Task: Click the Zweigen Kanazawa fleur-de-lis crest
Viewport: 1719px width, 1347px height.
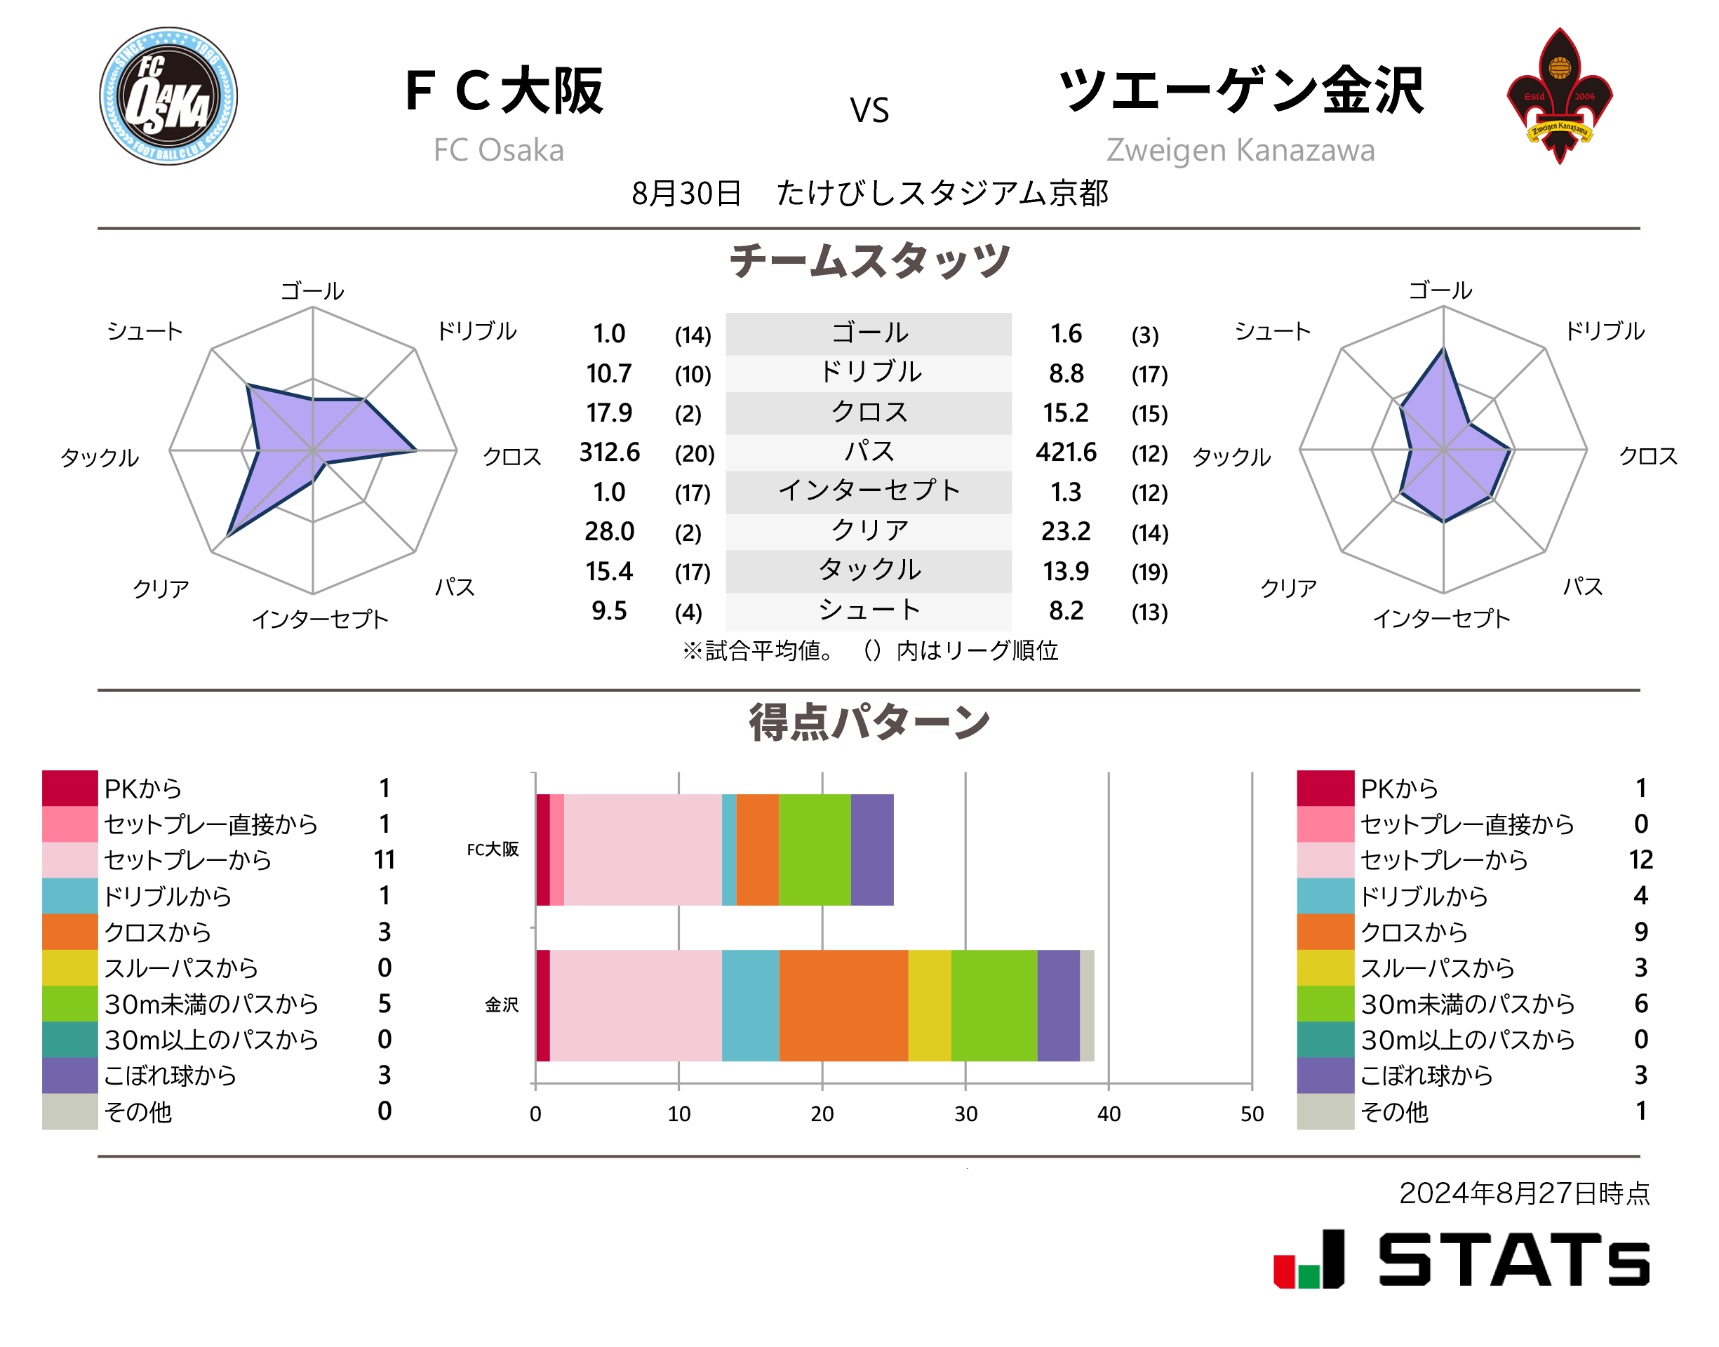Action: click(1558, 96)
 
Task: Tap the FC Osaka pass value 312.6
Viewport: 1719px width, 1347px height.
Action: click(609, 452)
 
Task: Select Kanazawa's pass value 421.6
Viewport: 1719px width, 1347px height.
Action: click(1065, 452)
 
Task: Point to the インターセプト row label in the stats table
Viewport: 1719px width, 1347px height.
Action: click(869, 490)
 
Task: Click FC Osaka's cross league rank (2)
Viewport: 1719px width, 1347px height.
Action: click(688, 413)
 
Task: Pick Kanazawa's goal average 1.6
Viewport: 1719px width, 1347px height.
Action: click(1065, 334)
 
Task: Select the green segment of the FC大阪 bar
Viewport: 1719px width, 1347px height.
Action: click(815, 850)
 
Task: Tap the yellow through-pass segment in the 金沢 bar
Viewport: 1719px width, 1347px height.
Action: click(929, 1005)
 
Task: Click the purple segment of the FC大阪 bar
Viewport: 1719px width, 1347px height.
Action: click(871, 850)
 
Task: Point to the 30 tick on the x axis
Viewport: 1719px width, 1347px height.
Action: click(965, 1113)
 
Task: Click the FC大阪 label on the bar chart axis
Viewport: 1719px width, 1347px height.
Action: click(493, 850)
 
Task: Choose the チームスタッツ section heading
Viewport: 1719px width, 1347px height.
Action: click(869, 261)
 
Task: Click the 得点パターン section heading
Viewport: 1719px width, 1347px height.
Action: click(869, 722)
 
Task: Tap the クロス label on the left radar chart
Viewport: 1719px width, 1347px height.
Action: click(511, 457)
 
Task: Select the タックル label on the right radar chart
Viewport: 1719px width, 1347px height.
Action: click(1231, 457)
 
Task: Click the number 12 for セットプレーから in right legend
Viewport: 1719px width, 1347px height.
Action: click(1640, 859)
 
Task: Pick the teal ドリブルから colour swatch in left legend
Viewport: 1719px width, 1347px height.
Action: click(69, 895)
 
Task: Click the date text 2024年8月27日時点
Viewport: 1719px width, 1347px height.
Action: click(1523, 1193)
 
